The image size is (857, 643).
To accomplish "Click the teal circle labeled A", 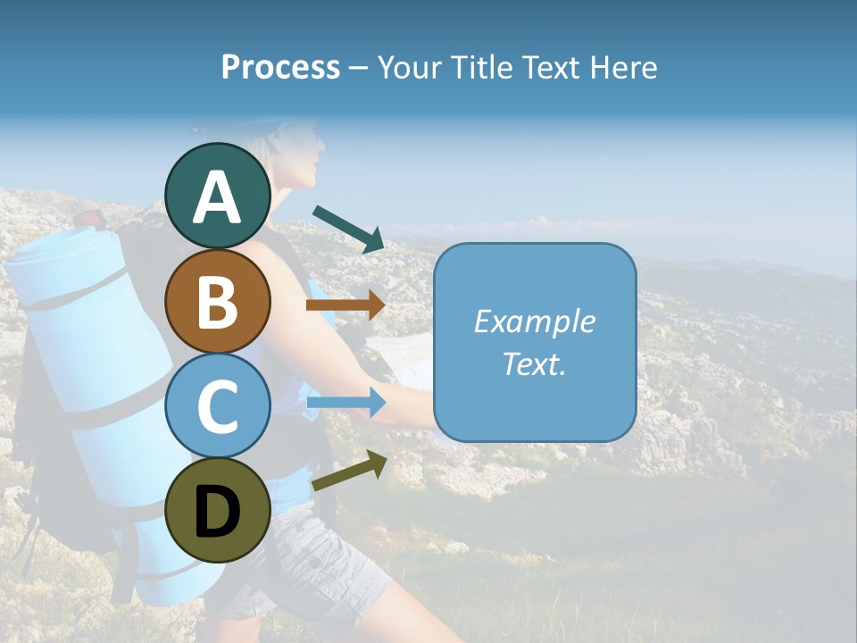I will (x=218, y=196).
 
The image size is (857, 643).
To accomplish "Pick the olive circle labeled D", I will (x=218, y=510).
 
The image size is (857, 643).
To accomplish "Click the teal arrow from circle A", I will (x=348, y=229).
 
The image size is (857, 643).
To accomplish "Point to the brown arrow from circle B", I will (x=345, y=305).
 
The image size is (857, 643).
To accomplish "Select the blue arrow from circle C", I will (x=345, y=403).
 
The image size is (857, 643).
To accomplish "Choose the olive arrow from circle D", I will (x=349, y=471).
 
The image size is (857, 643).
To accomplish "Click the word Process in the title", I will (x=280, y=68).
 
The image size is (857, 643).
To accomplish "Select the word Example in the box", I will (x=534, y=321).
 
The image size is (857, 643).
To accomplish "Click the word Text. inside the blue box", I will (x=534, y=363).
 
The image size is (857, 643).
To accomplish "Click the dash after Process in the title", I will (x=358, y=69).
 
